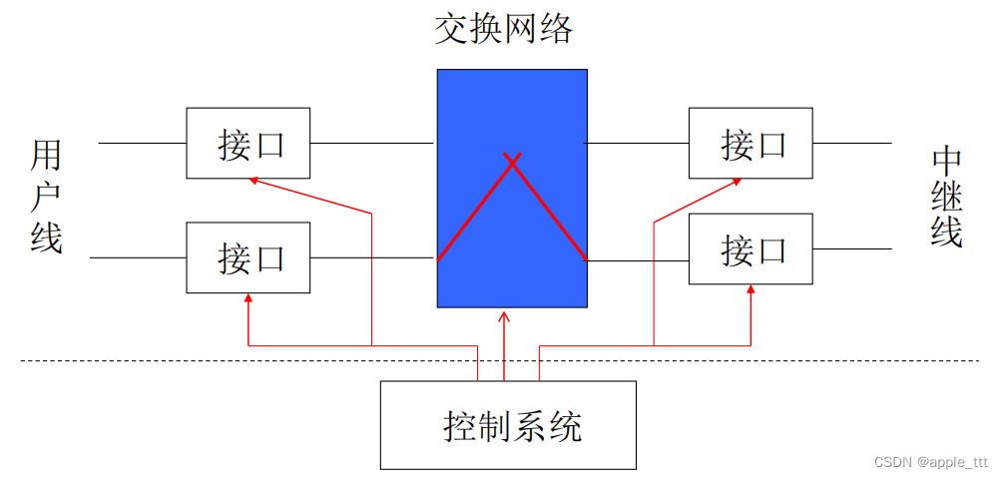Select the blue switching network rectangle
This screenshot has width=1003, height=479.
click(x=511, y=110)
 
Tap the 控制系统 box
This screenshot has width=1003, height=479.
click(x=508, y=425)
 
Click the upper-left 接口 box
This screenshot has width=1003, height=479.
click(x=248, y=144)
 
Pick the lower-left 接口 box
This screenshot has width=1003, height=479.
click(x=248, y=257)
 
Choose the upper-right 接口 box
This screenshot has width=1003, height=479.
click(x=751, y=144)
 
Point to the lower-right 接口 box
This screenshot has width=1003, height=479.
click(x=751, y=249)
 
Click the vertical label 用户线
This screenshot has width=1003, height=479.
click(x=46, y=197)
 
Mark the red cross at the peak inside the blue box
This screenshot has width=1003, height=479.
click(x=512, y=160)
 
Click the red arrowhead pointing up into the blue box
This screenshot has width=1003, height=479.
click(x=504, y=316)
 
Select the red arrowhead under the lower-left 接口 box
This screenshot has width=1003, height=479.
click(x=248, y=297)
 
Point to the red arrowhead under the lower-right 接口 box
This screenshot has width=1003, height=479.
click(x=751, y=289)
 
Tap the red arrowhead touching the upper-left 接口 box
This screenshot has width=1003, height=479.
click(x=253, y=180)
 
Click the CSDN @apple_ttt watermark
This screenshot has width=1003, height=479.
click(x=930, y=462)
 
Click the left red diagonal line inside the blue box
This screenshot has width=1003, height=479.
click(x=475, y=211)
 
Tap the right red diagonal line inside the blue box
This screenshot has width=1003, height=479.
click(x=549, y=211)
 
